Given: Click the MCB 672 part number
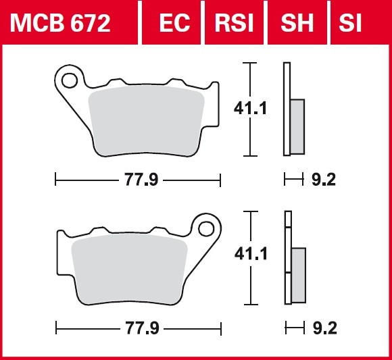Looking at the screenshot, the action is [60, 23].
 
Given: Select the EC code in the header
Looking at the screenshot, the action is [174, 23].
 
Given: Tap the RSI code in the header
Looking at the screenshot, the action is [234, 23].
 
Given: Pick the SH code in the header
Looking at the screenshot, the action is [297, 23].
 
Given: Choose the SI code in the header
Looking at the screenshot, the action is [350, 23].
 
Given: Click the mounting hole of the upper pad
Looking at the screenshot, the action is [69, 80].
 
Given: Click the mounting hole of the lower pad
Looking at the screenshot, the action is [206, 229].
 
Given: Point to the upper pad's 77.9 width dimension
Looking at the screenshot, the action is [141, 180].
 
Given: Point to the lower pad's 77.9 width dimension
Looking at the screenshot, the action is [142, 328].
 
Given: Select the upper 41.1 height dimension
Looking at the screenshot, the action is [250, 109].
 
